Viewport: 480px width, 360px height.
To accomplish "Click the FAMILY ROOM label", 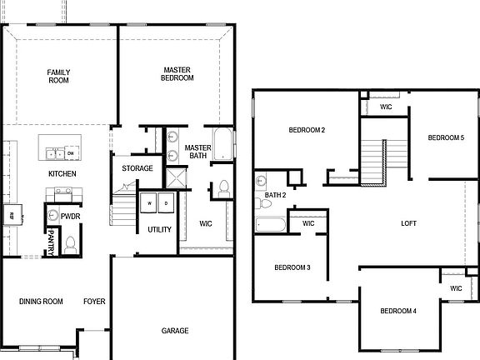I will (x=58, y=77).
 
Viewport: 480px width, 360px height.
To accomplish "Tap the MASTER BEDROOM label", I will (x=177, y=73).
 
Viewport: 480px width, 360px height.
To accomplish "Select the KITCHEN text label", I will (x=62, y=174).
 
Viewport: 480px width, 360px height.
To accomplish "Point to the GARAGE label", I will (x=175, y=331).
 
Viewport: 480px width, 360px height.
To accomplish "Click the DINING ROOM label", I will (x=41, y=302).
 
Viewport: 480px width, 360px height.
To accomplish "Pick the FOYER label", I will (x=94, y=302).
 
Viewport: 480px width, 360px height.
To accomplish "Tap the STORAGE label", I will (x=137, y=168).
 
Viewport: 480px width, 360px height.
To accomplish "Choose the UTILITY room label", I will (x=159, y=229).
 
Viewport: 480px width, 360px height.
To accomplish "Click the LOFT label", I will (x=408, y=223).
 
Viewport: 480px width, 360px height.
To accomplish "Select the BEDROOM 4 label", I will (x=398, y=312).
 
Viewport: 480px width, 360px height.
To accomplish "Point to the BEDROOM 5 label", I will (x=446, y=137).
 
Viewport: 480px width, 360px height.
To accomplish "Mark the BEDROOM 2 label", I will (x=307, y=130).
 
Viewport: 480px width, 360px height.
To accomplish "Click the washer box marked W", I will (x=151, y=202).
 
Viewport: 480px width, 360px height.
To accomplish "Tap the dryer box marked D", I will (x=165, y=202).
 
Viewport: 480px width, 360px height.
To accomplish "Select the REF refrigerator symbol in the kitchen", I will (x=12, y=215).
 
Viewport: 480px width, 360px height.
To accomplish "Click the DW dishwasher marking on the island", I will (x=71, y=153).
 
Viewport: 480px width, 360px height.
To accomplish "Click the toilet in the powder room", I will (x=71, y=245).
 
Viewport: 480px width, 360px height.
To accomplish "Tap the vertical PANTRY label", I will (x=51, y=242).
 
